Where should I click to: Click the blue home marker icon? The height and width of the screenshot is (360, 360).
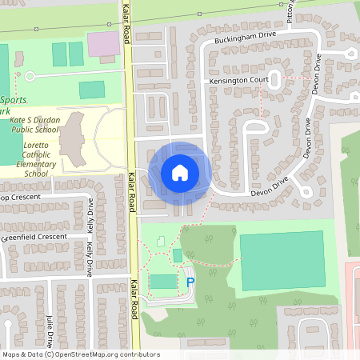[x=180, y=172]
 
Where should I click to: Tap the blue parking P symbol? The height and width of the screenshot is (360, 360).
[x=190, y=282]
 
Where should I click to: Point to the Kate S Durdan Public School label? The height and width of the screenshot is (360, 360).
[x=34, y=124]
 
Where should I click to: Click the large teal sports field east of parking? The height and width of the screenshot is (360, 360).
[x=282, y=261]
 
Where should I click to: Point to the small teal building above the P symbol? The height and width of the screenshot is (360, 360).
[x=177, y=254]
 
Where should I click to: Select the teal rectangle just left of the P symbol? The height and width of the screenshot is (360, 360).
[x=163, y=282]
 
